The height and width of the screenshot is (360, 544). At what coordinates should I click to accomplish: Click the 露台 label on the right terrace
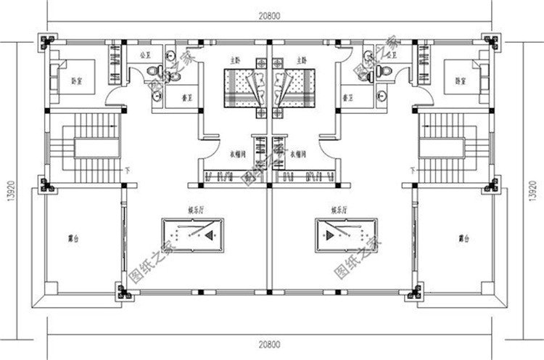click(x=463, y=237)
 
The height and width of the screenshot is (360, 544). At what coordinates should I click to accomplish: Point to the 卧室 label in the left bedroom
click(x=75, y=80)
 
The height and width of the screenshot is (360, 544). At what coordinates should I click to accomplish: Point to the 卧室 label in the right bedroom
click(x=459, y=80)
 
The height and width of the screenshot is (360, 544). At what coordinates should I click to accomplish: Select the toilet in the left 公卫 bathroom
click(x=152, y=70)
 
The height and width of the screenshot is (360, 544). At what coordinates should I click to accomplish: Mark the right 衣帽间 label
click(x=297, y=153)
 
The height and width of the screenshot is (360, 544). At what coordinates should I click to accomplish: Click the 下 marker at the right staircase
click(x=412, y=171)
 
